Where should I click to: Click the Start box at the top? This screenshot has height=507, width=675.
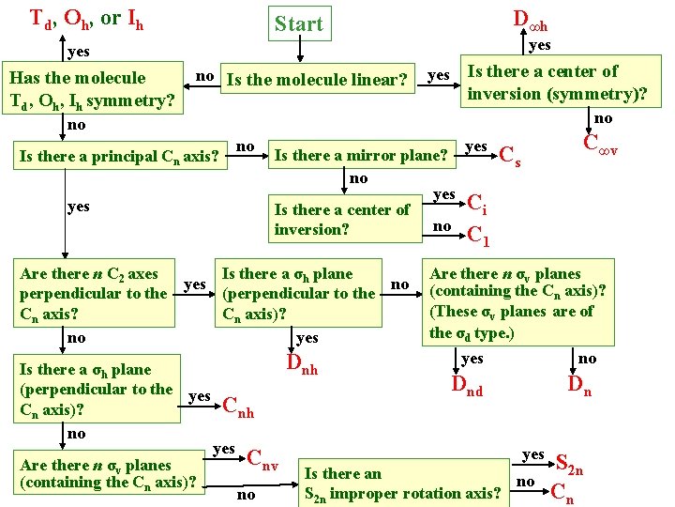pos(298,23)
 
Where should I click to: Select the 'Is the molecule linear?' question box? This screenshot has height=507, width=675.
pos(320,80)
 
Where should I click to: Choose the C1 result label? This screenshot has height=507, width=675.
pos(477,235)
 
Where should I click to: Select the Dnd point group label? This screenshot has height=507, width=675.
pos(467,386)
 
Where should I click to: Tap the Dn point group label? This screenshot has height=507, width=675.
pos(579,386)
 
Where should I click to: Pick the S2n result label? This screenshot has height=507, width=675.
pos(570,463)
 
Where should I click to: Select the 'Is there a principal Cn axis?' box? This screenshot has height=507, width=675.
pos(121,155)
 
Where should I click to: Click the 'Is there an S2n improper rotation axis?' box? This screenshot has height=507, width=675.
pos(402,484)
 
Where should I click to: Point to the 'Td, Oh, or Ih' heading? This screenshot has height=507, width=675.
pos(86,18)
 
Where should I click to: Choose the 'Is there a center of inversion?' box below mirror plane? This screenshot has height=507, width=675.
pos(342,220)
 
